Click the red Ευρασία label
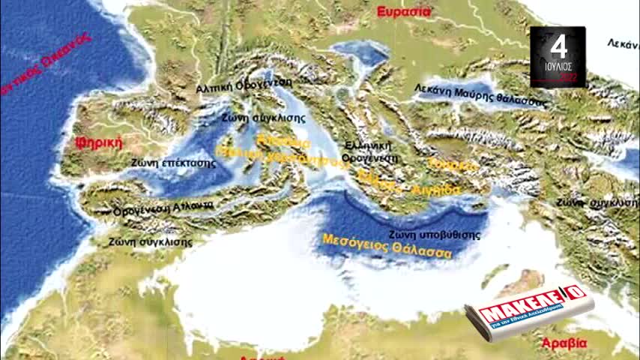tap(404, 11)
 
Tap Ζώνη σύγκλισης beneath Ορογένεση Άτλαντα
tap(150, 241)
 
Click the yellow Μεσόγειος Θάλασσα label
tap(387, 247)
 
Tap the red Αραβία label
tap(564, 343)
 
